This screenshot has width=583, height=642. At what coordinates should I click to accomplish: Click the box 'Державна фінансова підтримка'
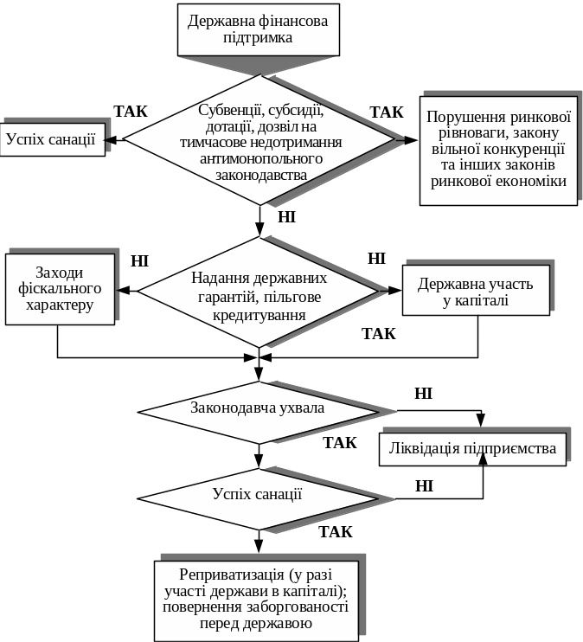(258, 29)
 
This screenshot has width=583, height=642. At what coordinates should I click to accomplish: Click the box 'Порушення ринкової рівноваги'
(497, 149)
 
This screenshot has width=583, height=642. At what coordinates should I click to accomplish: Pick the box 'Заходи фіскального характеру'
(60, 288)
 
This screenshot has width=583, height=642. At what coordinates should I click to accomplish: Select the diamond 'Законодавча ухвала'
(257, 407)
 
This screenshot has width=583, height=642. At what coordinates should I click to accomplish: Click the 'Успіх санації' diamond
(257, 495)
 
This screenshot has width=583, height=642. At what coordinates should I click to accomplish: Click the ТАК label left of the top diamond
(131, 112)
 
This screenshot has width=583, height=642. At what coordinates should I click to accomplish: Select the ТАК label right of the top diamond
(386, 112)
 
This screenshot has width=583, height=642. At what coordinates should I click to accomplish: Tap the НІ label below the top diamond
(287, 217)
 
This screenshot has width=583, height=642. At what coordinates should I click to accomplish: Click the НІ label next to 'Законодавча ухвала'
(423, 395)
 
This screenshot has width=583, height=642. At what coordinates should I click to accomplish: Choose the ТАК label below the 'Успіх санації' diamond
(336, 531)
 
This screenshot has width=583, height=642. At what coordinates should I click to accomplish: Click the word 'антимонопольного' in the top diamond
(260, 159)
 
